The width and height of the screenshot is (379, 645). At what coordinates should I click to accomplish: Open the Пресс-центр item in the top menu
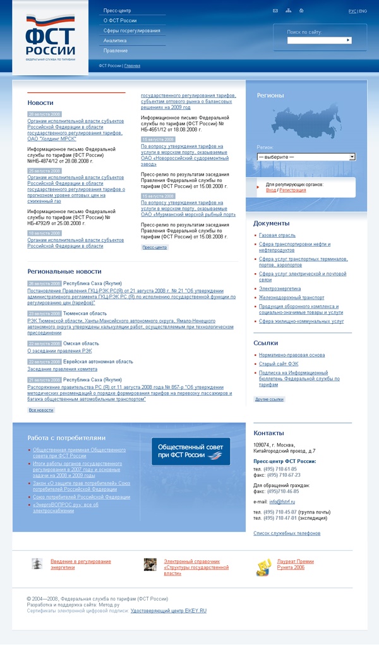tap(117, 11)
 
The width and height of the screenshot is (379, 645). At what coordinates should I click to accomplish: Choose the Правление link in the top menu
tap(116, 51)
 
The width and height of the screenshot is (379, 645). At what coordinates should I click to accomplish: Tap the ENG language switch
tap(363, 11)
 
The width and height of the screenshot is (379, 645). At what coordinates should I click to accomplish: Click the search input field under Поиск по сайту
tap(316, 40)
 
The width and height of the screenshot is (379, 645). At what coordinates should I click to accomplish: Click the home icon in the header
tap(301, 11)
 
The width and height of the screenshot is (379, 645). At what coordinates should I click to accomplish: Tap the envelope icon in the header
tap(275, 11)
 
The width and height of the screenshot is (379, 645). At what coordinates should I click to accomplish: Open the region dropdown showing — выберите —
tap(306, 156)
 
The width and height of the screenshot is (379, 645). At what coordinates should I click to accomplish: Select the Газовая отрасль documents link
tap(272, 235)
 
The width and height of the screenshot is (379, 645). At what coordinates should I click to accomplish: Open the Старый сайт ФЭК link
tap(277, 364)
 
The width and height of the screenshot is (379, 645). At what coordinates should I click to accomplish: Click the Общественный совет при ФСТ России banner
tap(190, 451)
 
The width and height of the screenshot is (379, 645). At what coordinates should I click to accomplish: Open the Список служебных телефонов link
tap(287, 533)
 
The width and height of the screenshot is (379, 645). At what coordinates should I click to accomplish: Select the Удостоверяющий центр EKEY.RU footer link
tap(168, 611)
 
